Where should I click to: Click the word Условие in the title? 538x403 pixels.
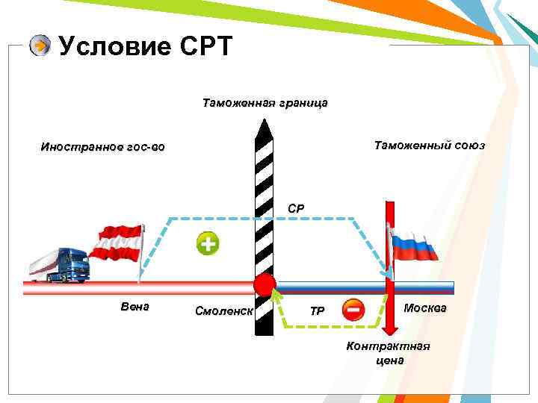click(114, 46)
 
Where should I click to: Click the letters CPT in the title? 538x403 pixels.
click(206, 46)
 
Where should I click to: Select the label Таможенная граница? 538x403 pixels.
click(265, 102)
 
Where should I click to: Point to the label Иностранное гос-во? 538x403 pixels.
click(103, 147)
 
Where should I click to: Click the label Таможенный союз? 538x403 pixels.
click(429, 146)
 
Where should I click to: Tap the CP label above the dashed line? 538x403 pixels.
click(297, 209)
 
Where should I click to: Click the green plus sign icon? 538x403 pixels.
click(208, 243)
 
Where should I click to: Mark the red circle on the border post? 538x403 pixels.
click(264, 285)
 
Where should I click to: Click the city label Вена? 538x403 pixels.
click(135, 307)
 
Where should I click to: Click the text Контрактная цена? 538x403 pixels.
click(389, 353)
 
